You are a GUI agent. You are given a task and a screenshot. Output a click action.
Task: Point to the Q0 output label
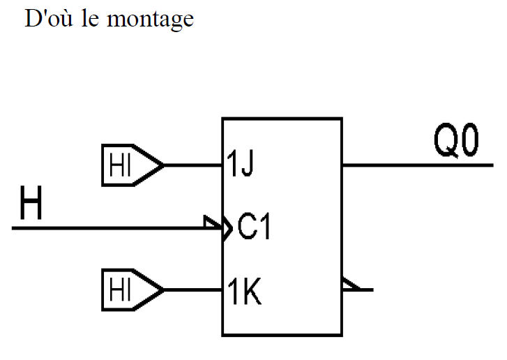coord(456,144)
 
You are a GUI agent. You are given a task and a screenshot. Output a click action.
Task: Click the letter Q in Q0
coord(444,144)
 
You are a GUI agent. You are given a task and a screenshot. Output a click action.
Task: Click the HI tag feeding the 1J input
coord(126,166)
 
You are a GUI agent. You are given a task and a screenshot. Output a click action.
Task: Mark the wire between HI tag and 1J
coord(192,166)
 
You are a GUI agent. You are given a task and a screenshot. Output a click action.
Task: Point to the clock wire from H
coord(105,228)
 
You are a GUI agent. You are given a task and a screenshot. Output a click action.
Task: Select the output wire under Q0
coord(418,166)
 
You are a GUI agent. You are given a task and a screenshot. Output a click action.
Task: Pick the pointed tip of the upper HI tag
coord(162,166)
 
